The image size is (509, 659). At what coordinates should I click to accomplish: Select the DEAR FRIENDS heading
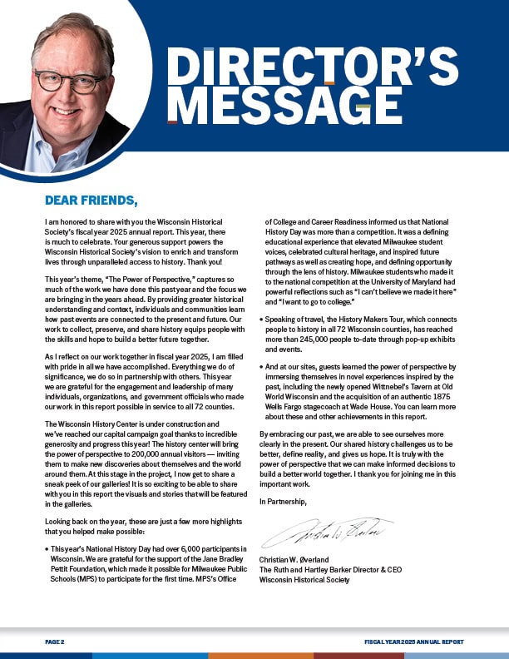tap(91, 201)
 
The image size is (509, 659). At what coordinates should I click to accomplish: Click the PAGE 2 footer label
tap(55, 642)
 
